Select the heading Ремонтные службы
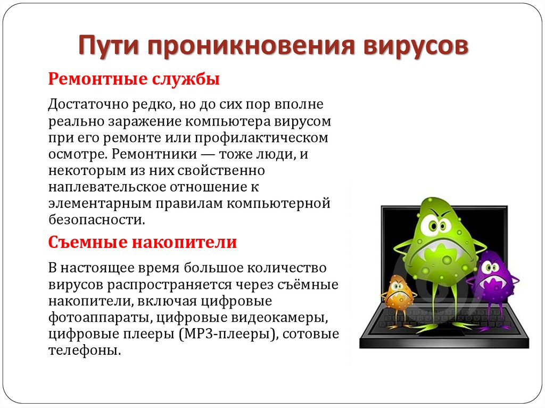pyautogui.click(x=134, y=80)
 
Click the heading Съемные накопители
pyautogui.click(x=143, y=243)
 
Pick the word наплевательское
pyautogui.click(x=107, y=187)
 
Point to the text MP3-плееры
pyautogui.click(x=228, y=335)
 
